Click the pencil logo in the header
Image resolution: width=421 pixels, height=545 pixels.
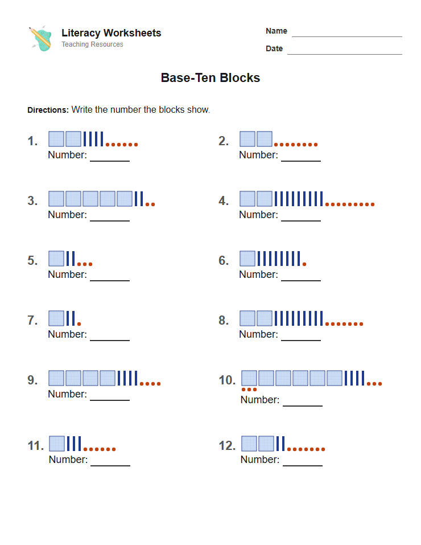40,38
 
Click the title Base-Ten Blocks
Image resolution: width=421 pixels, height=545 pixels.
210,77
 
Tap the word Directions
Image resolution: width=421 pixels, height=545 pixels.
48,110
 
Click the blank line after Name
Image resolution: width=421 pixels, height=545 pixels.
346,36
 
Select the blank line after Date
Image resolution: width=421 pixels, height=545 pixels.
344,54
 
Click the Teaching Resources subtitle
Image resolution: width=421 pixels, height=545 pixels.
92,44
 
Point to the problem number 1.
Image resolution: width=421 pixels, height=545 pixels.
32,141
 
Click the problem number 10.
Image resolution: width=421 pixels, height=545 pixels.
227,380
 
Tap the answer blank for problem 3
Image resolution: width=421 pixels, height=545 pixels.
110,221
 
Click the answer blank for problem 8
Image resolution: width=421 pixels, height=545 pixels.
301,341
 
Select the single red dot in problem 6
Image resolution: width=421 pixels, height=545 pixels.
304,264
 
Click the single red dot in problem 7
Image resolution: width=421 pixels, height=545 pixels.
79,324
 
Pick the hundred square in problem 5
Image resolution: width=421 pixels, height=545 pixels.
56,259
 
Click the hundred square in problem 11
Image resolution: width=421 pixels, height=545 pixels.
57,444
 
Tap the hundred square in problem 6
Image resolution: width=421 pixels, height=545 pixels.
247,259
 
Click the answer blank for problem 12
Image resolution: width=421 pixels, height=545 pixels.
303,466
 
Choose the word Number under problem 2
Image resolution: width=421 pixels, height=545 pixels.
258,155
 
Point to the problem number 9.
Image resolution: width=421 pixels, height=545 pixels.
32,380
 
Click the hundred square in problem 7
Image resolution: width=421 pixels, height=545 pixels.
56,318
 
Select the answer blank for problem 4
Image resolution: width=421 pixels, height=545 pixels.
301,221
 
